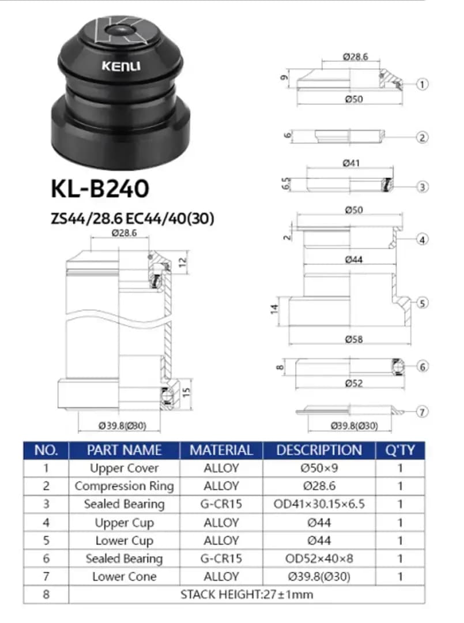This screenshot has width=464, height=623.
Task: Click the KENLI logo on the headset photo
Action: (x=121, y=66)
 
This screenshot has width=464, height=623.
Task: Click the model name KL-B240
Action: (x=100, y=189)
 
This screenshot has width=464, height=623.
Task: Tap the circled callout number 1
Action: (x=422, y=84)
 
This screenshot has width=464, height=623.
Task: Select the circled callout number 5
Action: (x=422, y=303)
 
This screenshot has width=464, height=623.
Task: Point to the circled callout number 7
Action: (x=422, y=412)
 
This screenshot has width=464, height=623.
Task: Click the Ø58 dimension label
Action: (x=354, y=339)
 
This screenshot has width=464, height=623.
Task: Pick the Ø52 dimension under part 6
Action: (x=354, y=384)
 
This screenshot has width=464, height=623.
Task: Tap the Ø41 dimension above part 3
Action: (x=351, y=163)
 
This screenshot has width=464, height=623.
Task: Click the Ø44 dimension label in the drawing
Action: (x=354, y=260)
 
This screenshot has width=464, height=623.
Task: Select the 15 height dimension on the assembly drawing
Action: (x=186, y=392)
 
